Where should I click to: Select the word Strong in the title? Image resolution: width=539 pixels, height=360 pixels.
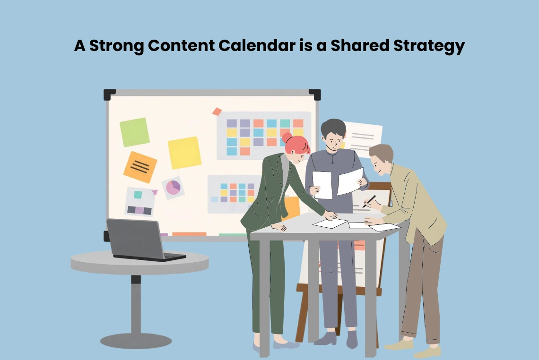(116, 46)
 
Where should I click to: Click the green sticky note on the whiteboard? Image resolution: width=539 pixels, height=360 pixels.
(134, 132)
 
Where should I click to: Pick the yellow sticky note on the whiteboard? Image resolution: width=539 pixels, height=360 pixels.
(184, 153)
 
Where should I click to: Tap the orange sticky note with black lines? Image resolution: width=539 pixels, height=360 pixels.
(140, 167)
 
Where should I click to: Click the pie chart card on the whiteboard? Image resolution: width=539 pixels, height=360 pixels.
(173, 188)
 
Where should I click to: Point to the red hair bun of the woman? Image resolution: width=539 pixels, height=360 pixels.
(287, 138)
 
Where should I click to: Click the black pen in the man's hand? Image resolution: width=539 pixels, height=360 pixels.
(369, 201)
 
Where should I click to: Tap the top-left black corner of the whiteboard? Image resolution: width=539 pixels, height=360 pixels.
(109, 94)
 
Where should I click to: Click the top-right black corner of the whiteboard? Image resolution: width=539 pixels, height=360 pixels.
(315, 94)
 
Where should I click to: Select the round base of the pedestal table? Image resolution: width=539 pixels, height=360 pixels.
(136, 341)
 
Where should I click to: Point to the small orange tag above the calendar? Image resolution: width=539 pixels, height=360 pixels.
(217, 111)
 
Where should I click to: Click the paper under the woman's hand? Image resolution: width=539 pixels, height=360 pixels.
(330, 223)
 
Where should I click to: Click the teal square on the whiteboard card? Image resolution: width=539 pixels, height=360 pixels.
(138, 195)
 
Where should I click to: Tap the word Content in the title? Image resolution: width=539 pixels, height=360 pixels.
(181, 45)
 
